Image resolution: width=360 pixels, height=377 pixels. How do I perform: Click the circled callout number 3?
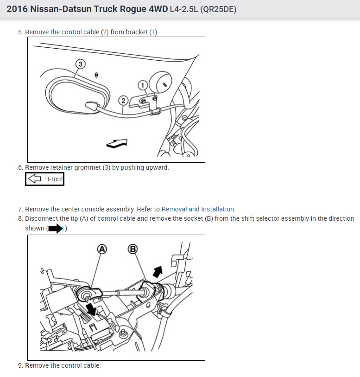[x=81, y=64]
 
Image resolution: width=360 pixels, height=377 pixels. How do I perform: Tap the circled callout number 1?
[x=143, y=85]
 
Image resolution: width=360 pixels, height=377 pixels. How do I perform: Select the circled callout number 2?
[x=123, y=101]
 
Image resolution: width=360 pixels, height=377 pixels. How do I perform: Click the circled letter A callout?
[x=102, y=249]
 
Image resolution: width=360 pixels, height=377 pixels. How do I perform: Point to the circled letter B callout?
[x=133, y=249]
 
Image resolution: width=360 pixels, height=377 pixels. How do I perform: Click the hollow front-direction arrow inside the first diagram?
[x=117, y=143]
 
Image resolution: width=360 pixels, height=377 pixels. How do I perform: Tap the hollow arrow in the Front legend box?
[x=35, y=179]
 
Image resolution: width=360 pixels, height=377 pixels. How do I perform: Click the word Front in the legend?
[x=55, y=179]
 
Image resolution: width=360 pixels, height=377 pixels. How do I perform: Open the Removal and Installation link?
[x=198, y=209]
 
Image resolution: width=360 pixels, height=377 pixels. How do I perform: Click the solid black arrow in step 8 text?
[x=56, y=229]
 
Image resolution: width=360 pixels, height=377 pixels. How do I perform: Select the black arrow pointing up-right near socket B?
[x=158, y=272]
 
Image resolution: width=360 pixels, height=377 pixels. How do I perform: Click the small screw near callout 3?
[x=96, y=75]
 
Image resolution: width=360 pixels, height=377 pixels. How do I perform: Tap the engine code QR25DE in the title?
[x=218, y=9]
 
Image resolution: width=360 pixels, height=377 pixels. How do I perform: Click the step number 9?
[x=21, y=366]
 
